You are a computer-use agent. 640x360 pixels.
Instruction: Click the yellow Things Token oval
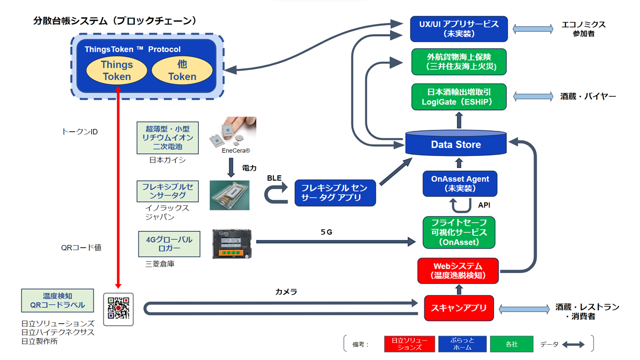coord(116,71)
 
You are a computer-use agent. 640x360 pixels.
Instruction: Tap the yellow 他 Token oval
coord(182,71)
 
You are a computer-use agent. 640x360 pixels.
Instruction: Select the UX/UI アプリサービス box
coord(459,29)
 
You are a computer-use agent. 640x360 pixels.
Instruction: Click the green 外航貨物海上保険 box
coord(459,62)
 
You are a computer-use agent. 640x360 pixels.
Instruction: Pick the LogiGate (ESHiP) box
coord(459,97)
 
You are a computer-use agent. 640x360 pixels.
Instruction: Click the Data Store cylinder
coord(455,144)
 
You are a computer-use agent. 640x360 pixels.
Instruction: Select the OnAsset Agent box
coord(460,183)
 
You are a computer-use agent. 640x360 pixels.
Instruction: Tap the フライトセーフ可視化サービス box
coord(459,232)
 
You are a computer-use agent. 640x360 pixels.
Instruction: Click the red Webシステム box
coord(458,271)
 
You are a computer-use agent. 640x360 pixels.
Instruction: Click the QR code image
coord(118,309)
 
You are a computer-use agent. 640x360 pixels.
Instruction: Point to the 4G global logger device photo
coord(232,244)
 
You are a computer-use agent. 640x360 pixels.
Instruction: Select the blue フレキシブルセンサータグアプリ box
coord(335,193)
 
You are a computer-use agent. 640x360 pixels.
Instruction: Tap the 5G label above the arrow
coord(326,232)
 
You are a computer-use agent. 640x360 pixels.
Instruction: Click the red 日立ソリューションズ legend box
coord(409,344)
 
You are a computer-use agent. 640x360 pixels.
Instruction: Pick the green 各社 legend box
coord(511,344)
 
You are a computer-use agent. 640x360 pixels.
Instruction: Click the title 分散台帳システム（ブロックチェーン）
coord(115,21)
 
